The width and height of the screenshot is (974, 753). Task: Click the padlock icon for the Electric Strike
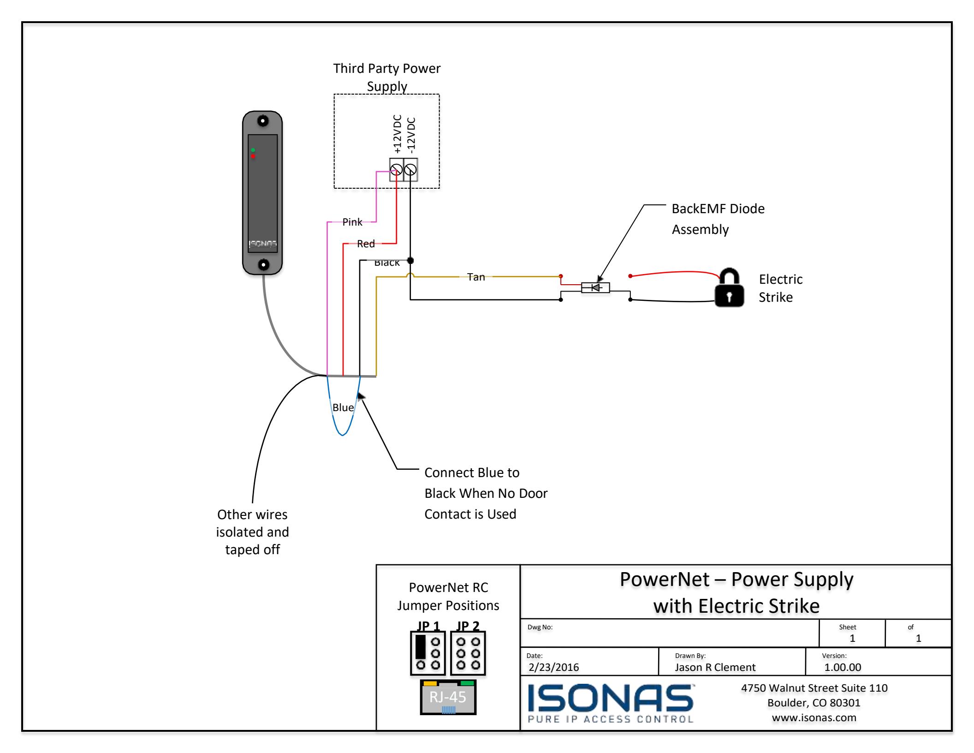click(729, 287)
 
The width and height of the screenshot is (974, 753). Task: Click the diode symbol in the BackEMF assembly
click(595, 288)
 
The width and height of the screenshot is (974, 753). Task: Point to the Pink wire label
click(352, 222)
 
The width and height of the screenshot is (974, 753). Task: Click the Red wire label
click(366, 244)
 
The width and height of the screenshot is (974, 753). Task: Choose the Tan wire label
click(476, 277)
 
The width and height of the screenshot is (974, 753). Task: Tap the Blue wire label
click(343, 407)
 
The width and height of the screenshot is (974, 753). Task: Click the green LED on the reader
click(253, 150)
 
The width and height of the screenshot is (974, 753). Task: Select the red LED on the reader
click(253, 156)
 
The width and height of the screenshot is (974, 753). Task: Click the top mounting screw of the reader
click(263, 121)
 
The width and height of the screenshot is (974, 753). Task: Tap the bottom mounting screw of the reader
click(263, 265)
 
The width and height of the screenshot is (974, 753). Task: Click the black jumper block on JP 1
click(420, 647)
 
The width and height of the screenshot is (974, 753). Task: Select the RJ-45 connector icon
click(448, 697)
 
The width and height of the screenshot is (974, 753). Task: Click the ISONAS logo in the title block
click(610, 702)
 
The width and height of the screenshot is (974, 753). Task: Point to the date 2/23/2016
click(554, 667)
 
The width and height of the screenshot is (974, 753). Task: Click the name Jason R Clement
click(715, 667)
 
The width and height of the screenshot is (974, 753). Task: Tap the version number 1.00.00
click(843, 667)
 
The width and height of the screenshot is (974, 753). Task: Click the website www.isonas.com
click(814, 717)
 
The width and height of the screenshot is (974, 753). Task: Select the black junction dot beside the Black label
click(410, 261)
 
